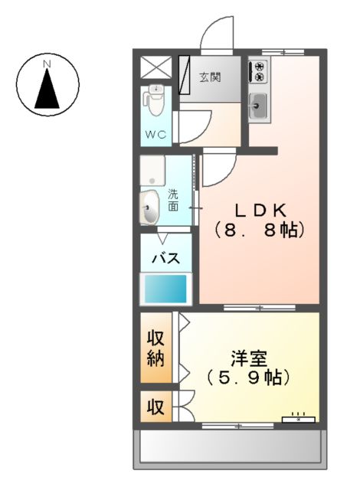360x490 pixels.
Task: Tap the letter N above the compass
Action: [47, 64]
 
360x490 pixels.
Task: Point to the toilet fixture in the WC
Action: [155, 98]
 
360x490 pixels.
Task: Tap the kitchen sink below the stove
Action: [258, 106]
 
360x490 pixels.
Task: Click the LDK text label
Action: [260, 208]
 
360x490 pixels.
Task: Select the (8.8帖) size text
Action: [260, 229]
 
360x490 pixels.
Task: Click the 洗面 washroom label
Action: [173, 200]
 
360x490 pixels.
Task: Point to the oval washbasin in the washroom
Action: [150, 206]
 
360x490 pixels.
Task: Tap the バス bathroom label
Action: [165, 258]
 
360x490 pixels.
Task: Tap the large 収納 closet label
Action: [156, 348]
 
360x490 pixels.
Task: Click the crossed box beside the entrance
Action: [156, 67]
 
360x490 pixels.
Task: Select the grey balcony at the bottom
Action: [230, 447]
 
